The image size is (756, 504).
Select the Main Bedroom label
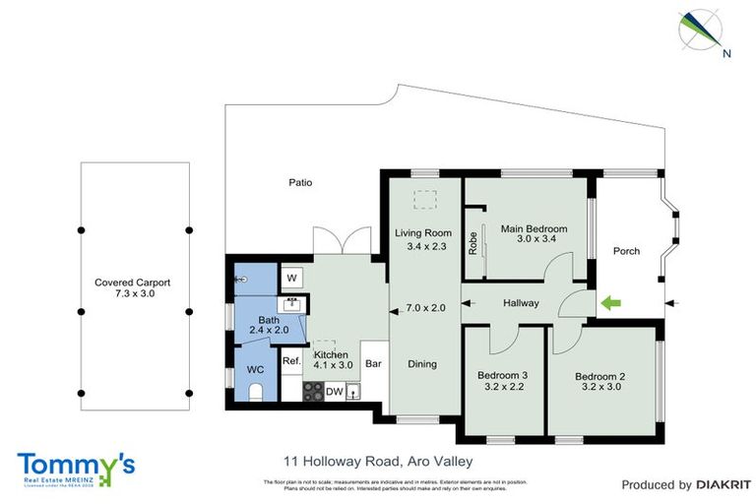click(x=535, y=229)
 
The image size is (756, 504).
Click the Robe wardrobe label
click(x=473, y=242)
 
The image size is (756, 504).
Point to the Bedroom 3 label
click(x=502, y=375)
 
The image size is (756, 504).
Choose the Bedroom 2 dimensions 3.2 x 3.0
click(x=601, y=388)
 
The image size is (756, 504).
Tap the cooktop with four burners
click(x=313, y=391)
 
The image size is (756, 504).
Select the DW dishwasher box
click(x=335, y=391)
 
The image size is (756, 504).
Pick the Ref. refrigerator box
click(x=291, y=361)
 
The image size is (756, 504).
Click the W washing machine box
click(x=292, y=279)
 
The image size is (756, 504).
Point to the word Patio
click(x=300, y=182)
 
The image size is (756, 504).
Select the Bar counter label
click(x=373, y=363)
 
